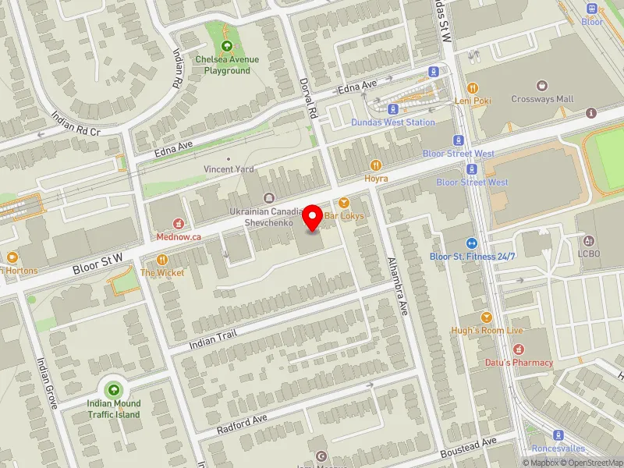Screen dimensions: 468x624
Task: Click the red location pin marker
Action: [313, 218]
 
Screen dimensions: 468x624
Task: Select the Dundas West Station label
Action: [392, 122]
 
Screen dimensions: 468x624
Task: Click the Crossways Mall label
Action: [542, 99]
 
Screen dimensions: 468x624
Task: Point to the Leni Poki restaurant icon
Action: [471, 88]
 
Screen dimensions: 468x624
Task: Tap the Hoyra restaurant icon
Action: [376, 165]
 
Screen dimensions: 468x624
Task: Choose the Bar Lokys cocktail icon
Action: [344, 203]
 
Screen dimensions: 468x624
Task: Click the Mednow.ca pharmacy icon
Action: [179, 223]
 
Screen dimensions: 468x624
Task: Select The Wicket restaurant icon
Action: [162, 260]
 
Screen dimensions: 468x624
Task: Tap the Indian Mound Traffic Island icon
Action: [114, 389]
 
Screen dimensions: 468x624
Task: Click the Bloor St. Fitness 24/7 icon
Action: [472, 243]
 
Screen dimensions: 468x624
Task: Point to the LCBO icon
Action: [590, 240]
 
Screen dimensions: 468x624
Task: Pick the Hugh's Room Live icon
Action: [487, 317]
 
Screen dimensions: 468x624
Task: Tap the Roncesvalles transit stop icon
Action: [558, 435]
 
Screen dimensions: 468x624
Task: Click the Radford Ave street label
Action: [243, 422]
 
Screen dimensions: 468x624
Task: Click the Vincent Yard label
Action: [228, 169]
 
